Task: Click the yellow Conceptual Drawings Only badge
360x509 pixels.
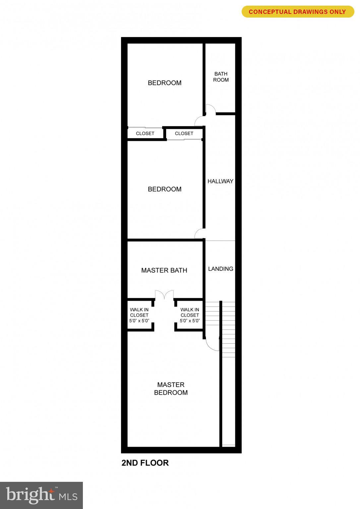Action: pos(297,12)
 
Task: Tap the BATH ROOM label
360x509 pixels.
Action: pos(221,77)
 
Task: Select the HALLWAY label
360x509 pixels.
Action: pos(220,181)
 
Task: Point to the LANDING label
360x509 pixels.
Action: pos(220,269)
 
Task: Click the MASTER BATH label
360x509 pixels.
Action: pos(164,270)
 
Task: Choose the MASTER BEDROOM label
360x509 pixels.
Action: pos(171,389)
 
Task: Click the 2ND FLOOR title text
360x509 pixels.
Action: pos(145,463)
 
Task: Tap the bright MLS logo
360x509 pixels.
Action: pos(41,495)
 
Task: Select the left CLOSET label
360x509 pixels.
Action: pos(145,134)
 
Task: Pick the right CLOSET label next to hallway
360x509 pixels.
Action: pos(184,134)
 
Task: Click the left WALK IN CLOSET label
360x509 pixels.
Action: pos(139,315)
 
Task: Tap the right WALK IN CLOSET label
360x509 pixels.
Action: pos(190,315)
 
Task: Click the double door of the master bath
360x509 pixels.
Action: pos(164,295)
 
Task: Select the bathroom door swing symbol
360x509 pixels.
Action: pos(210,109)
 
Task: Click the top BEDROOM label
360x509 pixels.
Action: pos(164,83)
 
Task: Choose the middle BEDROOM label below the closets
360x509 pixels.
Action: pos(164,189)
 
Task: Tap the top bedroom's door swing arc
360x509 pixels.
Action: pos(199,121)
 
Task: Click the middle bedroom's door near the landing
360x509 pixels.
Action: pos(199,234)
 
